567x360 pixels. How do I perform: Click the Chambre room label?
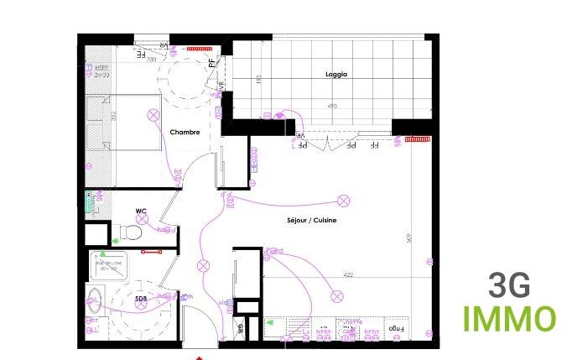184,133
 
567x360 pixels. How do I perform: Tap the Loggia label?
336,75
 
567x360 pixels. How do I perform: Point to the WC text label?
142,211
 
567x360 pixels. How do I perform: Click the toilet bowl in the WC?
129,232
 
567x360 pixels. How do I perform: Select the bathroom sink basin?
94,299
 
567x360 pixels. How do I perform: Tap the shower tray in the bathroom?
108,267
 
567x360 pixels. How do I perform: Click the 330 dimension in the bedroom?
152,60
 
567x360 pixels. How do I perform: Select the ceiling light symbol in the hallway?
202,266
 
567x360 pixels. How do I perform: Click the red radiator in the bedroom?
198,48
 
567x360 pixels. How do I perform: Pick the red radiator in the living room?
417,139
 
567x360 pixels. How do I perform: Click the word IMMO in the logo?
509,320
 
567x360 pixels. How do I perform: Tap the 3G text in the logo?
509,287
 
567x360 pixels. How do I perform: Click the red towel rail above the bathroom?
151,251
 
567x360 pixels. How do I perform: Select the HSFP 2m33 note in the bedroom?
101,72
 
